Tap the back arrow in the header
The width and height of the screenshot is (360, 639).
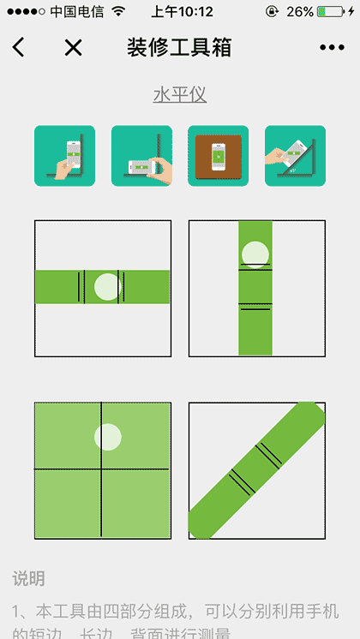click(x=19, y=48)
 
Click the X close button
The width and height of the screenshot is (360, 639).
click(x=74, y=48)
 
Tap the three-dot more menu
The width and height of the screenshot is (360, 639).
click(x=332, y=48)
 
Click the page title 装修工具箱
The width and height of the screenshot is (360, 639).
click(x=179, y=48)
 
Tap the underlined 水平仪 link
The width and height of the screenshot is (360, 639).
click(x=180, y=94)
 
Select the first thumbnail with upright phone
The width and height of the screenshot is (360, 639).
click(x=64, y=156)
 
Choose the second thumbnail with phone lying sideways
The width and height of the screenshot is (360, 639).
click(x=141, y=156)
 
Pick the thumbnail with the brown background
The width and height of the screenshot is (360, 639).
click(x=219, y=156)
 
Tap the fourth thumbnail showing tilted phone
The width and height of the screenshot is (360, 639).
click(x=295, y=156)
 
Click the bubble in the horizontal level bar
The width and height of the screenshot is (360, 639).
click(x=106, y=287)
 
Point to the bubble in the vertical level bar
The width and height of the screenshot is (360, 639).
click(x=255, y=254)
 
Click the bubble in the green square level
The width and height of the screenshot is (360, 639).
click(x=108, y=437)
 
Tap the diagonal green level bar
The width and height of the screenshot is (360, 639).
click(x=256, y=470)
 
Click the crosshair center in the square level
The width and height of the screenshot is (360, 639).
click(x=102, y=469)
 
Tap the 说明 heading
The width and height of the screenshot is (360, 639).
click(x=28, y=579)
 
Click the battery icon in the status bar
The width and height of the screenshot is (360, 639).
click(x=333, y=12)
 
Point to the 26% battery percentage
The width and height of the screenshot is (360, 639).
click(x=299, y=12)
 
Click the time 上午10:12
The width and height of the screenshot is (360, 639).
click(x=182, y=12)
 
